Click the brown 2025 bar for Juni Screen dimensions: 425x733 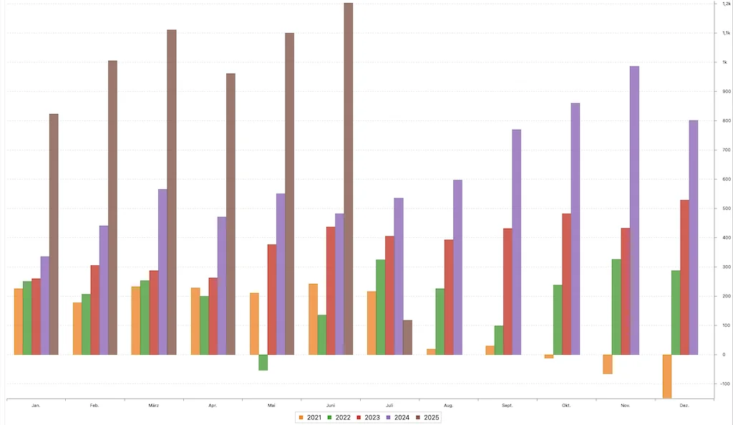click(349, 179)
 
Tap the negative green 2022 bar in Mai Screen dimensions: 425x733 click(263, 362)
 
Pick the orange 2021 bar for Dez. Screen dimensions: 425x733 click(667, 376)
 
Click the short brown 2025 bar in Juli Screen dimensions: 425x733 click(407, 337)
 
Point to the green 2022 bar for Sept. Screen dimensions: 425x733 click(499, 340)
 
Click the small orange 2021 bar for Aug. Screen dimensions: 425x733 click(431, 351)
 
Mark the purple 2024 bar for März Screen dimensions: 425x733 click(162, 272)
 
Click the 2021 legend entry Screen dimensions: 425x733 click(310, 417)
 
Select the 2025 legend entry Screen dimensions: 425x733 click(427, 417)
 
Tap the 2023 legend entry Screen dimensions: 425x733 click(368, 417)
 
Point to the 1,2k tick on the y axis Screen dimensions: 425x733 click(726, 4)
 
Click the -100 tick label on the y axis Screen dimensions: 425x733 click(725, 384)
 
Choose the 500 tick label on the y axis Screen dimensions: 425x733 click(726, 209)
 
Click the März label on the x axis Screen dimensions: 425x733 click(154, 406)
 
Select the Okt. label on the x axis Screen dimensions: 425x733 click(566, 406)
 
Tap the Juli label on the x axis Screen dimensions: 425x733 click(389, 406)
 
